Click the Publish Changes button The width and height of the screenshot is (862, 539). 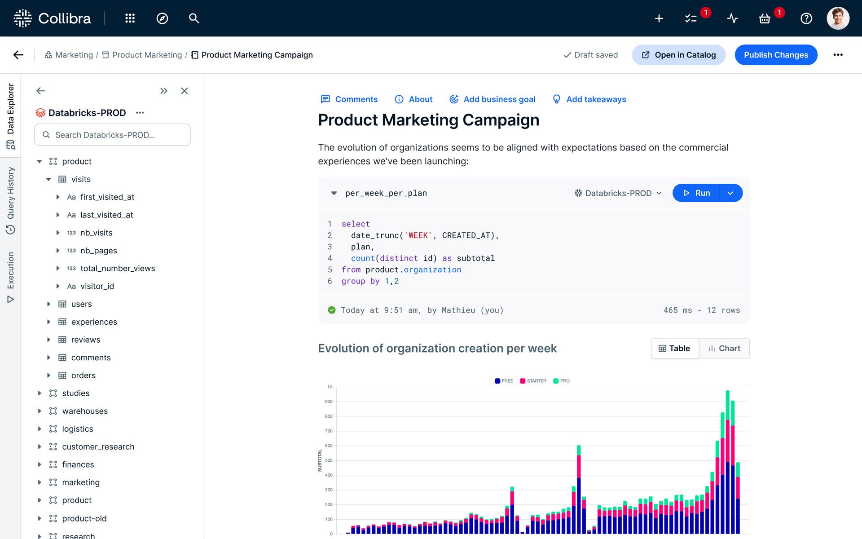(775, 55)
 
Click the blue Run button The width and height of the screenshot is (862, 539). (696, 193)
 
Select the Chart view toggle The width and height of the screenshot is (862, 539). (724, 348)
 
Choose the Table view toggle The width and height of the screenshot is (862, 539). (674, 348)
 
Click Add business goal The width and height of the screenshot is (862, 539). (493, 99)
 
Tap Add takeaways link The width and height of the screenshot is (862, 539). (589, 99)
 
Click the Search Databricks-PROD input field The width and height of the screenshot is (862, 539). (112, 135)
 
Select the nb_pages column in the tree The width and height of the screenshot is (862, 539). (98, 251)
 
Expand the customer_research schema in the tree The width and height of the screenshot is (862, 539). (40, 446)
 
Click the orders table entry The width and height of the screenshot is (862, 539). (83, 376)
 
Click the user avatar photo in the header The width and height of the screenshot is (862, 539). (838, 18)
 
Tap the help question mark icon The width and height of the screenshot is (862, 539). (806, 18)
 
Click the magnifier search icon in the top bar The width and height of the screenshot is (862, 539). (194, 18)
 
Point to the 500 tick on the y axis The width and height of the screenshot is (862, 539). (329, 460)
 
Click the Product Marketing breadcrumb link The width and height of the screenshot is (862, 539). (147, 55)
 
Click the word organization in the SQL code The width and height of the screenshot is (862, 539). (432, 269)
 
